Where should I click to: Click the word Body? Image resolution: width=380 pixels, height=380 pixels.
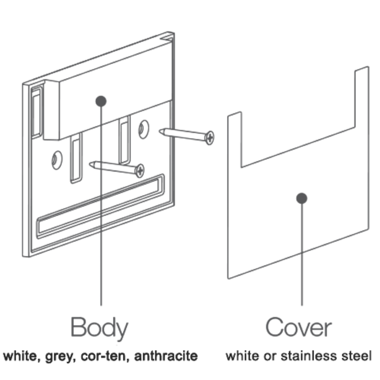point(99,327)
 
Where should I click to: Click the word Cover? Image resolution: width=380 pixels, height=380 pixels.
point(299,327)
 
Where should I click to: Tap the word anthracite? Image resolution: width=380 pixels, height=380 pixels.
point(166,356)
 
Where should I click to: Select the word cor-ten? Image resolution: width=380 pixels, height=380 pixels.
point(105,356)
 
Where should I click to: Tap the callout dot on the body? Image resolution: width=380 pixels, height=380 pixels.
point(101,101)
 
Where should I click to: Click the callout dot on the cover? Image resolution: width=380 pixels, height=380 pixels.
point(302,198)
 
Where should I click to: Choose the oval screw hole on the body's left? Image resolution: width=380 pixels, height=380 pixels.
point(57,160)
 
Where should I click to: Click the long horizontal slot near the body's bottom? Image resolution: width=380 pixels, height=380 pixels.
point(101,206)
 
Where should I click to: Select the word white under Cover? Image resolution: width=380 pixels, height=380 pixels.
point(242,356)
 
